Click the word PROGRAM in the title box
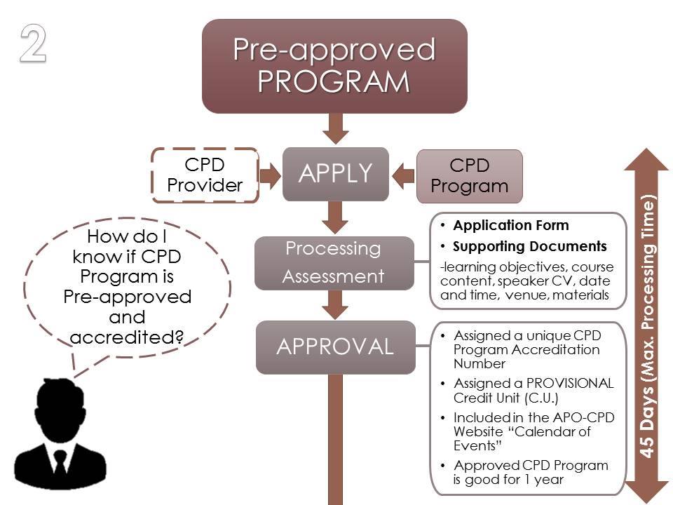click(334, 81)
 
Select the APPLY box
click(335, 173)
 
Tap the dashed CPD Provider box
click(204, 175)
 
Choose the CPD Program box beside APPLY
click(469, 176)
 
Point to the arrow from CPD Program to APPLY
click(404, 175)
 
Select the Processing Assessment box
click(333, 262)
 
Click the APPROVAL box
click(334, 346)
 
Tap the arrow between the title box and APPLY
click(335, 130)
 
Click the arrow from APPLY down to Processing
click(335, 217)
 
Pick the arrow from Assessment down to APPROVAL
click(335, 304)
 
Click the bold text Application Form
click(511, 226)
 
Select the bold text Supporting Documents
click(529, 247)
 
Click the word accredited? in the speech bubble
click(127, 337)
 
